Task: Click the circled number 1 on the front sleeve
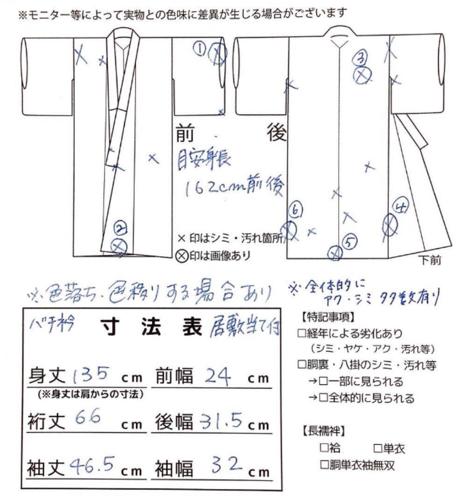coord(200,48)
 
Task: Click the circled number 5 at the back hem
coord(349,240)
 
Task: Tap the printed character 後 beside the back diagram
coord(277,134)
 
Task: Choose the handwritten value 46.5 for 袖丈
coord(92,465)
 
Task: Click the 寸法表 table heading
coord(150,329)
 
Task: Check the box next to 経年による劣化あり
coord(302,333)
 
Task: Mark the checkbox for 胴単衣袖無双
coord(324,464)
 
